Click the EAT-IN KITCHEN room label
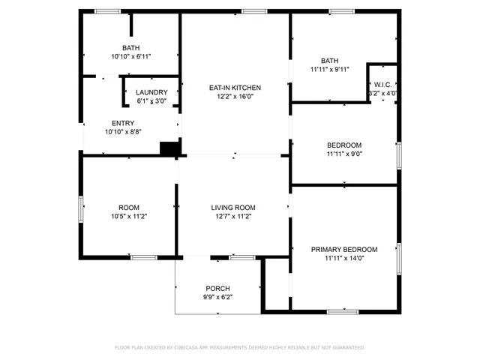[x=235, y=88]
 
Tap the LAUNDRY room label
[x=151, y=93]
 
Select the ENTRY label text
[x=124, y=123]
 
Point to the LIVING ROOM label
[x=233, y=208]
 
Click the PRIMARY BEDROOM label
[x=344, y=249]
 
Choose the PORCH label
[x=217, y=289]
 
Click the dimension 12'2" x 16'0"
[x=235, y=97]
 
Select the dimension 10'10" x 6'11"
[x=131, y=56]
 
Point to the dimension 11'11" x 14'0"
[x=344, y=258]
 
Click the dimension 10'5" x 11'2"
[x=129, y=217]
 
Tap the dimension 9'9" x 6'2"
[x=217, y=297]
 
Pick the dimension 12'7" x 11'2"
[x=233, y=217]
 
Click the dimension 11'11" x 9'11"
[x=329, y=70]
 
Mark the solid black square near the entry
[x=170, y=148]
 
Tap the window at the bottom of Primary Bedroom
[x=343, y=311]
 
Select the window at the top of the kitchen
[x=255, y=11]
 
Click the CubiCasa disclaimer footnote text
[x=239, y=347]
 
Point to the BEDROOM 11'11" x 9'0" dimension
[x=344, y=154]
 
